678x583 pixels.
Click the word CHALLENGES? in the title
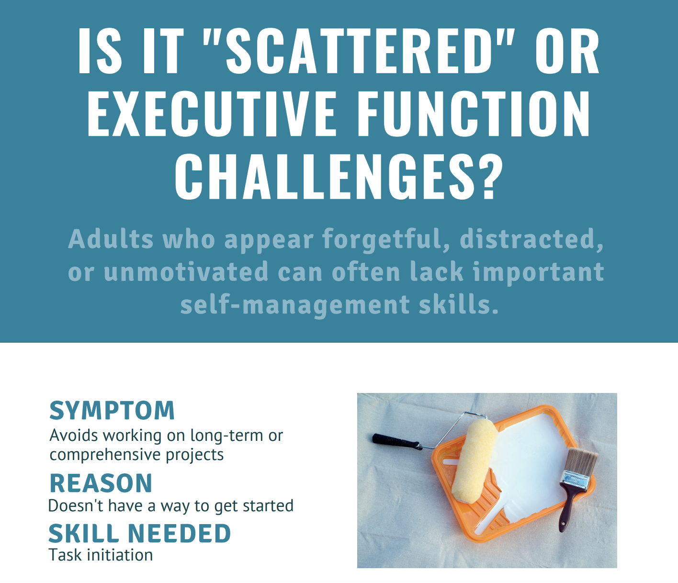coord(339,177)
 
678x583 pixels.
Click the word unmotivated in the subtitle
coord(186,272)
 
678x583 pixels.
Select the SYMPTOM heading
coord(112,411)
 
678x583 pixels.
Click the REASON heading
coord(101,483)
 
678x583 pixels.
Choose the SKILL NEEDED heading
coord(139,534)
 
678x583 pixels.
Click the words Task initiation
coord(101,555)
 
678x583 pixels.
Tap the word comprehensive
coord(105,455)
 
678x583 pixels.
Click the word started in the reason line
coord(268,506)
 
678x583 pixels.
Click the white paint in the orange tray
coord(527,460)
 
